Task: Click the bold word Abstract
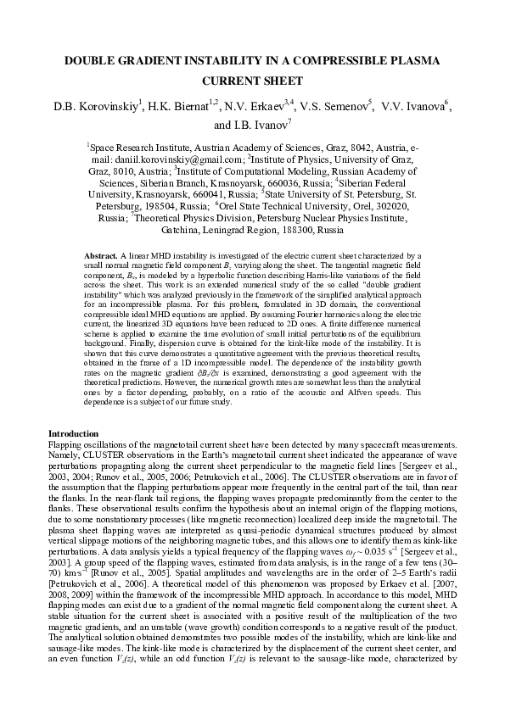coord(102,255)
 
